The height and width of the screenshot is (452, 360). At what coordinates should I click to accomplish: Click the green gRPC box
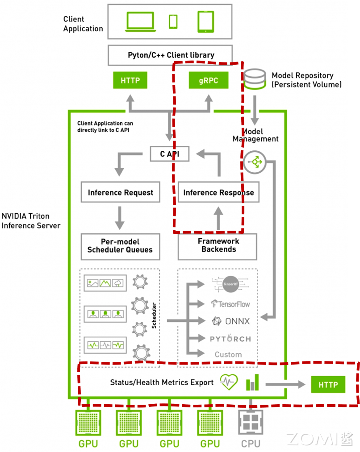(208, 81)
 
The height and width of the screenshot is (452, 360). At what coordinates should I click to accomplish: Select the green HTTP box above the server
(130, 81)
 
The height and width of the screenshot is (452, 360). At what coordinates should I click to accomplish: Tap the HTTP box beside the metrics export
(328, 384)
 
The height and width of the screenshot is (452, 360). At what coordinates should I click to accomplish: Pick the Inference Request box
(120, 192)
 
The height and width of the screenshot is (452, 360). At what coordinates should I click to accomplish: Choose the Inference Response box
(218, 192)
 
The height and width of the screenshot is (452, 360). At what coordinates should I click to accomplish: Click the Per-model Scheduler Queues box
(120, 245)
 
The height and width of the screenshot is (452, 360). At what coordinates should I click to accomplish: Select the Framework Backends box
(218, 245)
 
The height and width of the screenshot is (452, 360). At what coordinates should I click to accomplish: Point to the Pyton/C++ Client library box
(171, 55)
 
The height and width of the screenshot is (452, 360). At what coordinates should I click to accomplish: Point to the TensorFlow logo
(230, 304)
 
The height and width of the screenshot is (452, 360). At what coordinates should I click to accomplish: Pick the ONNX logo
(230, 321)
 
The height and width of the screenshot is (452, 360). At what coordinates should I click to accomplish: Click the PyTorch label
(230, 338)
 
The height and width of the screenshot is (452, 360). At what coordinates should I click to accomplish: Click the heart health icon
(229, 382)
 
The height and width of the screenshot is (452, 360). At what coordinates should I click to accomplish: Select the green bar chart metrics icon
(252, 382)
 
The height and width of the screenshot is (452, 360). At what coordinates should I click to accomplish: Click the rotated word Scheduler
(154, 315)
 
